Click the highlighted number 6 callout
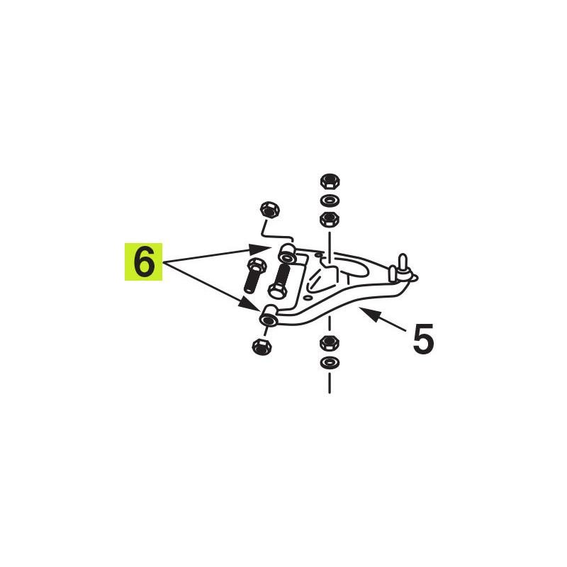[144, 262]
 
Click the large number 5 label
[423, 339]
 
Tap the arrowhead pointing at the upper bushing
[260, 249]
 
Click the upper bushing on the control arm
[288, 253]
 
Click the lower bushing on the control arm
[269, 315]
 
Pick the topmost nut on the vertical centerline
[329, 181]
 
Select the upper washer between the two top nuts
[330, 200]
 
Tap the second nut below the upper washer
[329, 219]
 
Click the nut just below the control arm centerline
[330, 343]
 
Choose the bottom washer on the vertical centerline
[330, 363]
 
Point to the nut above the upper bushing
[271, 210]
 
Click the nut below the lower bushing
[262, 347]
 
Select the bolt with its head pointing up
[255, 275]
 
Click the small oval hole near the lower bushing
[308, 297]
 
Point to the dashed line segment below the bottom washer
[329, 383]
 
